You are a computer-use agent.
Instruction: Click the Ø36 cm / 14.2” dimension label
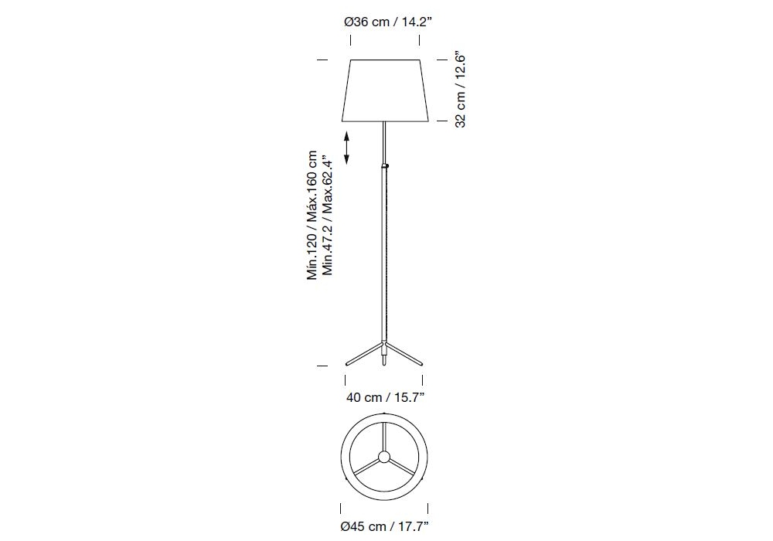pos(388,22)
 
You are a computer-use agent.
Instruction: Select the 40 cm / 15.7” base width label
pos(386,397)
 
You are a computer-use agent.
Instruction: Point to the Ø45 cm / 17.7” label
pos(384,526)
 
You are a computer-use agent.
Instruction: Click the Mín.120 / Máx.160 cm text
pos(312,216)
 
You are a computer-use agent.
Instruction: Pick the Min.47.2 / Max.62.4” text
pos(327,216)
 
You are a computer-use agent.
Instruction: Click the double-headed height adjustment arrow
pos(346,148)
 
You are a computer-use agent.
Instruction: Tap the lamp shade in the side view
pos(385,90)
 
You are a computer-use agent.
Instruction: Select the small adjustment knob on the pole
pos(387,166)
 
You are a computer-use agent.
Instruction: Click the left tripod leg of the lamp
pos(364,354)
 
